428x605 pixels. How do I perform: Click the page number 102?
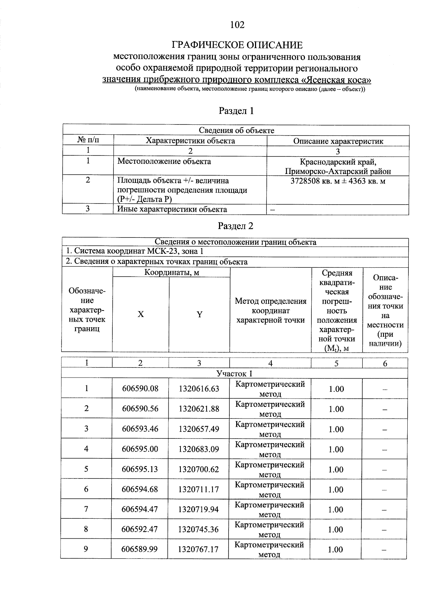click(x=237, y=25)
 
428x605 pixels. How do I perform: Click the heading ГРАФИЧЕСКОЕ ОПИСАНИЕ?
click(x=237, y=45)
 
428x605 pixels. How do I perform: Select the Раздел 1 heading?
click(x=236, y=111)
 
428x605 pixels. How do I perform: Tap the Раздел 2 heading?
click(x=235, y=226)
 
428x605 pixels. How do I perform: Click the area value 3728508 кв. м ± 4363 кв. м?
click(x=338, y=181)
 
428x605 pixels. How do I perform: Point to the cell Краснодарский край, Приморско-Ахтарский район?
click(x=338, y=166)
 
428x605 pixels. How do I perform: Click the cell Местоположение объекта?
click(x=164, y=161)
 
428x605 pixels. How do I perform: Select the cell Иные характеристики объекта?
click(x=172, y=209)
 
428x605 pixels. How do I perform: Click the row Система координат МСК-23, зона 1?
click(x=135, y=251)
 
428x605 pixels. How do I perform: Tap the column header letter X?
click(x=141, y=314)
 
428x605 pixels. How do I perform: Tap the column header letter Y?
click(x=199, y=314)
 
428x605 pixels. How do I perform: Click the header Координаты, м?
click(x=172, y=273)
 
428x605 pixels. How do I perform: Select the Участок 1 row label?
click(x=234, y=373)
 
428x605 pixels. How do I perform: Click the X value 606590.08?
click(x=140, y=389)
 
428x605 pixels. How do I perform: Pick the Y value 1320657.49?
click(x=199, y=429)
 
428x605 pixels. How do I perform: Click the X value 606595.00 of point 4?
click(x=140, y=449)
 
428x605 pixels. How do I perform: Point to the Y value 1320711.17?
click(x=199, y=489)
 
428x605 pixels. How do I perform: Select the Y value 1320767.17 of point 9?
click(x=198, y=549)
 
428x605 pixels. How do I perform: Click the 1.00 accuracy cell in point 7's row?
click(x=336, y=509)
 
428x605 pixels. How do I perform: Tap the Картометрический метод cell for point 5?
click(x=270, y=469)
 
